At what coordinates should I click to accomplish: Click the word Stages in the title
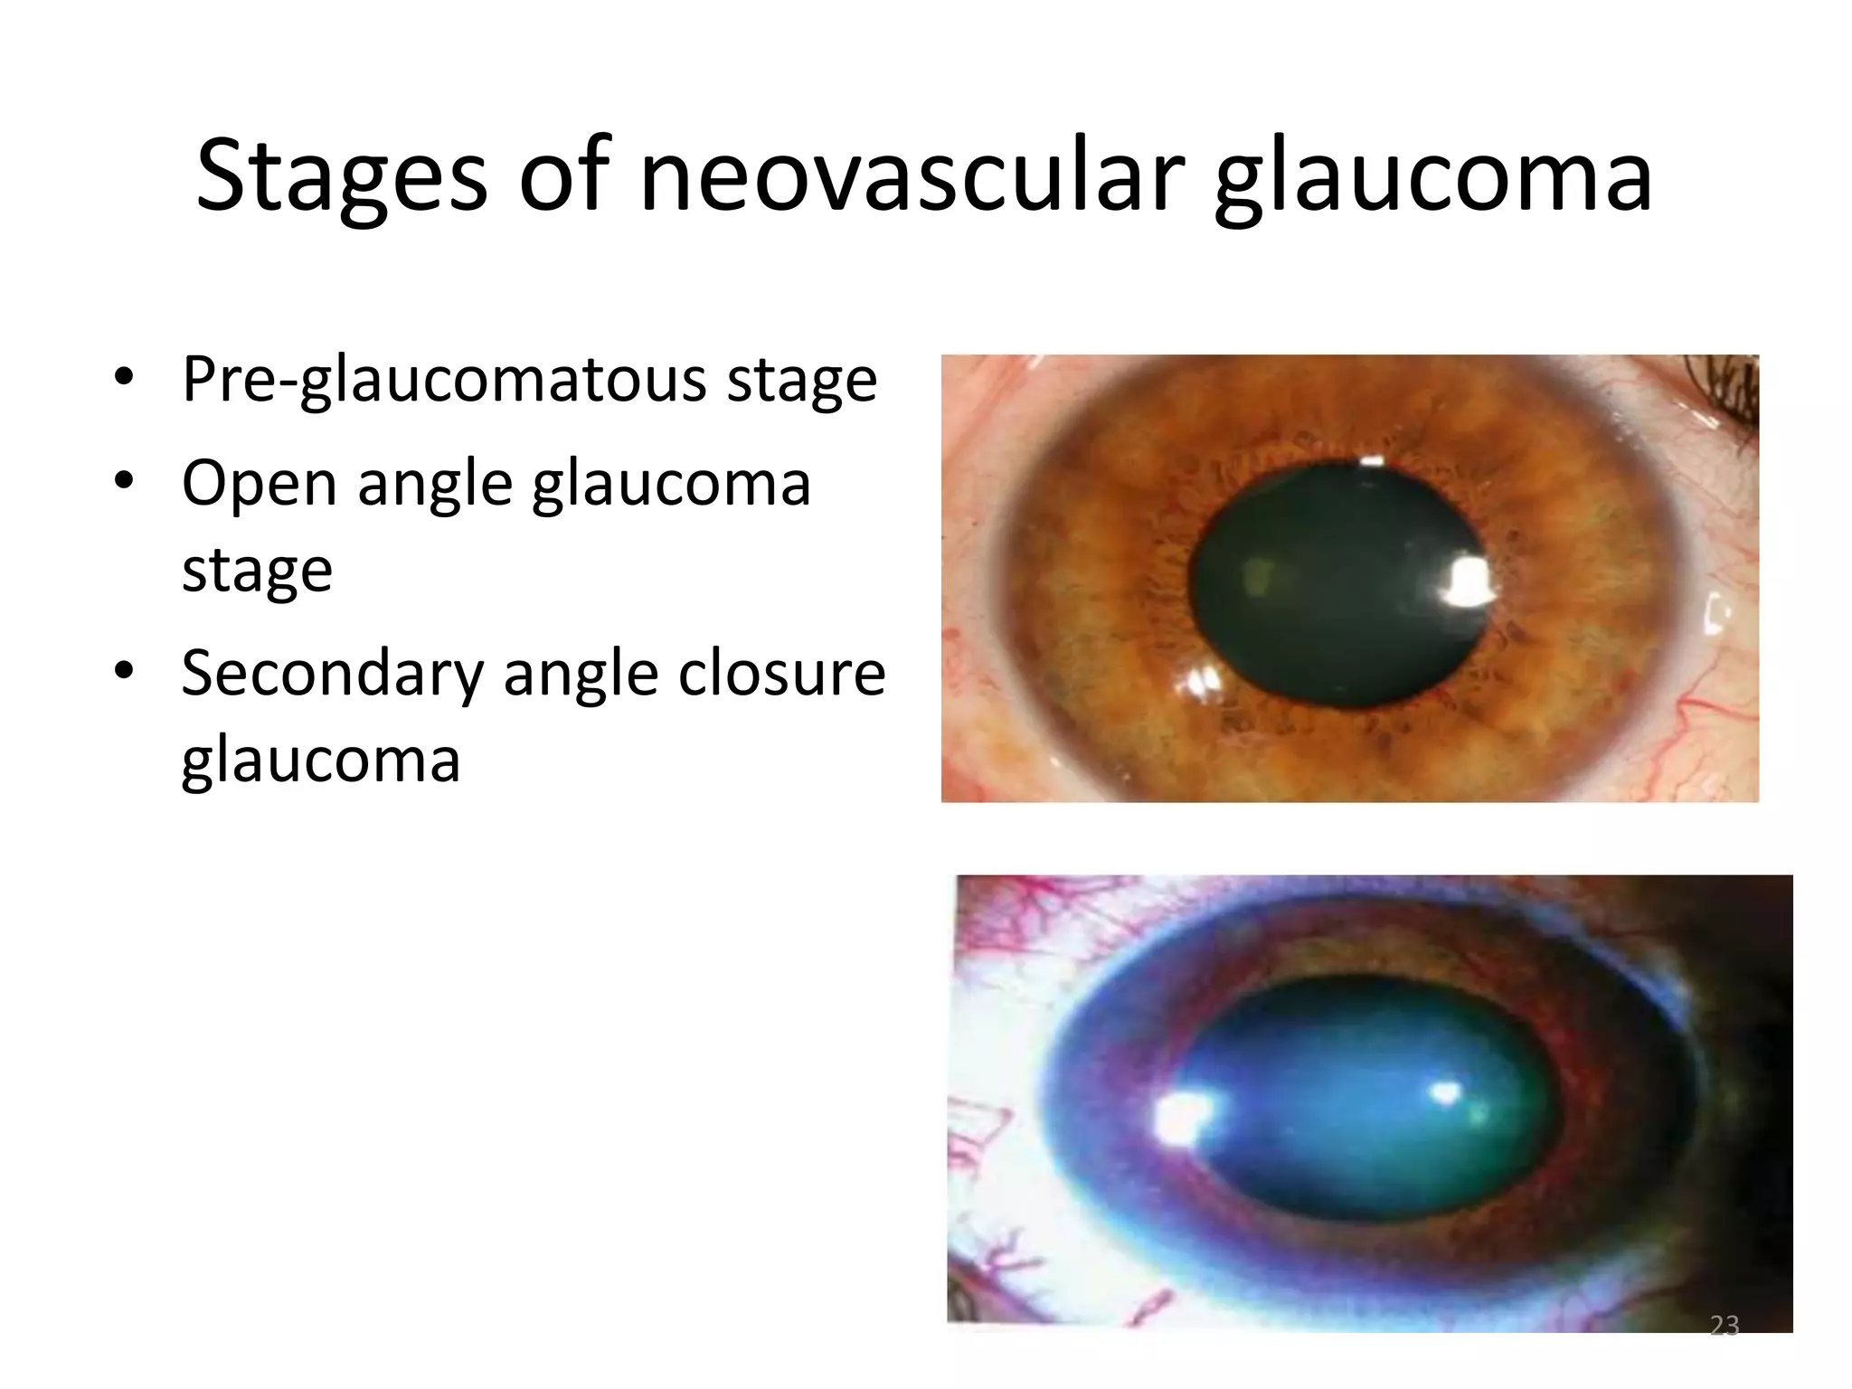click(341, 176)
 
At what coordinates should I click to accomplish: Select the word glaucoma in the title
click(1433, 176)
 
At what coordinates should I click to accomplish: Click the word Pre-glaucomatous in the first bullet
click(444, 380)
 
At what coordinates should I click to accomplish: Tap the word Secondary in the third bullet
click(332, 674)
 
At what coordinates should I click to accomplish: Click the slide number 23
click(1724, 1326)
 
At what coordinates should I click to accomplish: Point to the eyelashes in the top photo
click(1727, 398)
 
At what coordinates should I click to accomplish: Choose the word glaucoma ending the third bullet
click(321, 760)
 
